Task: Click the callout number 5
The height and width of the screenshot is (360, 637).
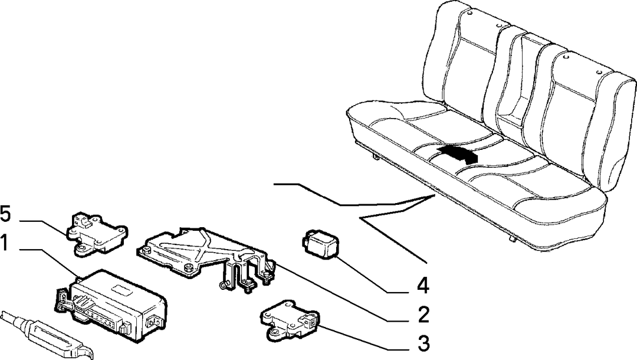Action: click(x=5, y=214)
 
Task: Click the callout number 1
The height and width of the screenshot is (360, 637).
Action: click(x=4, y=243)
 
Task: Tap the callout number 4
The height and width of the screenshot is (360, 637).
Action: click(x=422, y=286)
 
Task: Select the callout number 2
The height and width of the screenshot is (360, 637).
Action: click(x=423, y=315)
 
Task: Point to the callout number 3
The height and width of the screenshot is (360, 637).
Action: click(x=423, y=343)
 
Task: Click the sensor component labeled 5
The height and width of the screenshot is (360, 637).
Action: click(x=96, y=234)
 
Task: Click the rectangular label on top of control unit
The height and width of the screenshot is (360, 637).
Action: click(x=124, y=289)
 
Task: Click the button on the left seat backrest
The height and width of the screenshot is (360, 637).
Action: click(x=469, y=14)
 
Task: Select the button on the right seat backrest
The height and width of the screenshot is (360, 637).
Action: click(x=599, y=73)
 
